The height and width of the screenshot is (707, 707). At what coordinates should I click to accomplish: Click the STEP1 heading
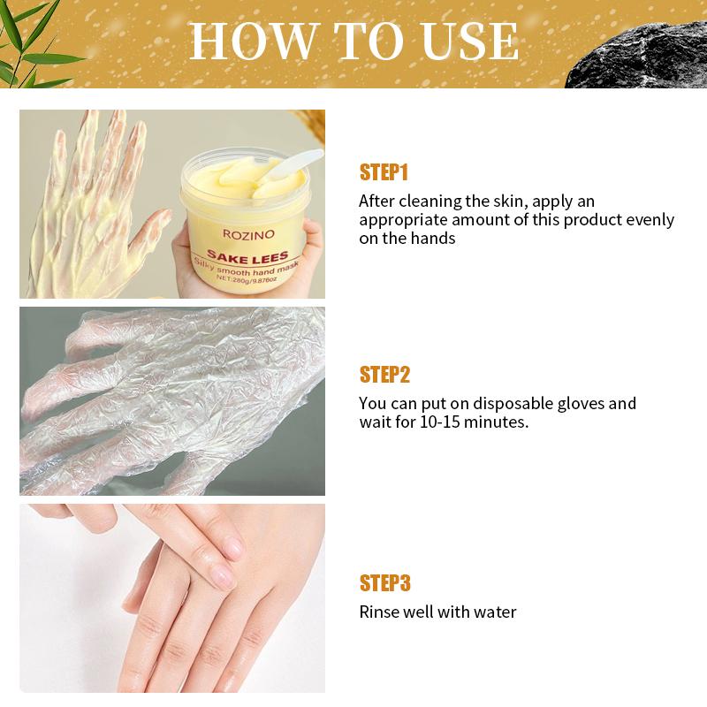[384, 171]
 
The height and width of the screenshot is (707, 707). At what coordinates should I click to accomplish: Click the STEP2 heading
[384, 375]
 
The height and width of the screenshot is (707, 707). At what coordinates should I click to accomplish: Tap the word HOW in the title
[244, 41]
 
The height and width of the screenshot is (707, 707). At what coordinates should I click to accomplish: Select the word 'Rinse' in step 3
[378, 612]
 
